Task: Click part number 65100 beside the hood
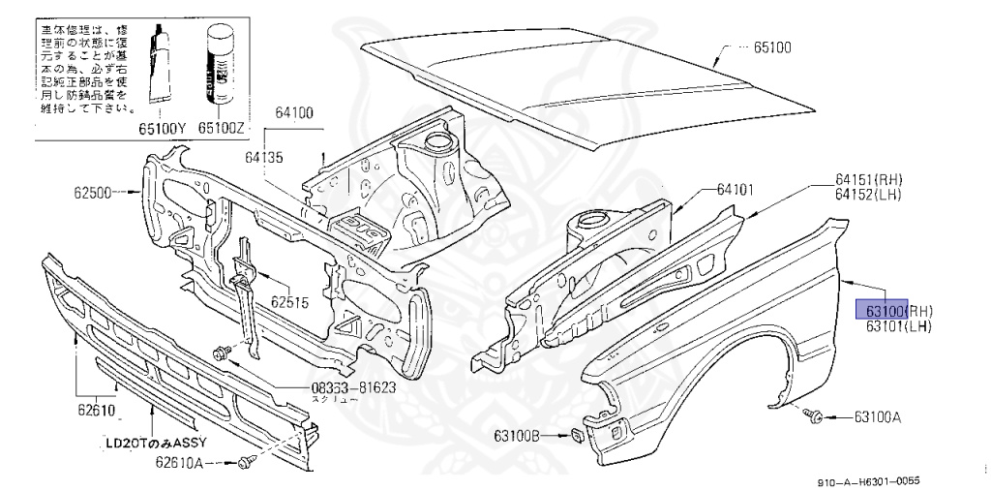[x=772, y=46]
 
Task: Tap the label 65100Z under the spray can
[x=222, y=127]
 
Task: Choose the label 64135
[x=264, y=155]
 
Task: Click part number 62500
[x=93, y=194]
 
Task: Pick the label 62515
[x=289, y=301]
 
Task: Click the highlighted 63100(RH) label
[x=899, y=311]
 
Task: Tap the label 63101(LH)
[x=899, y=326]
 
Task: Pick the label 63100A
[x=878, y=417]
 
